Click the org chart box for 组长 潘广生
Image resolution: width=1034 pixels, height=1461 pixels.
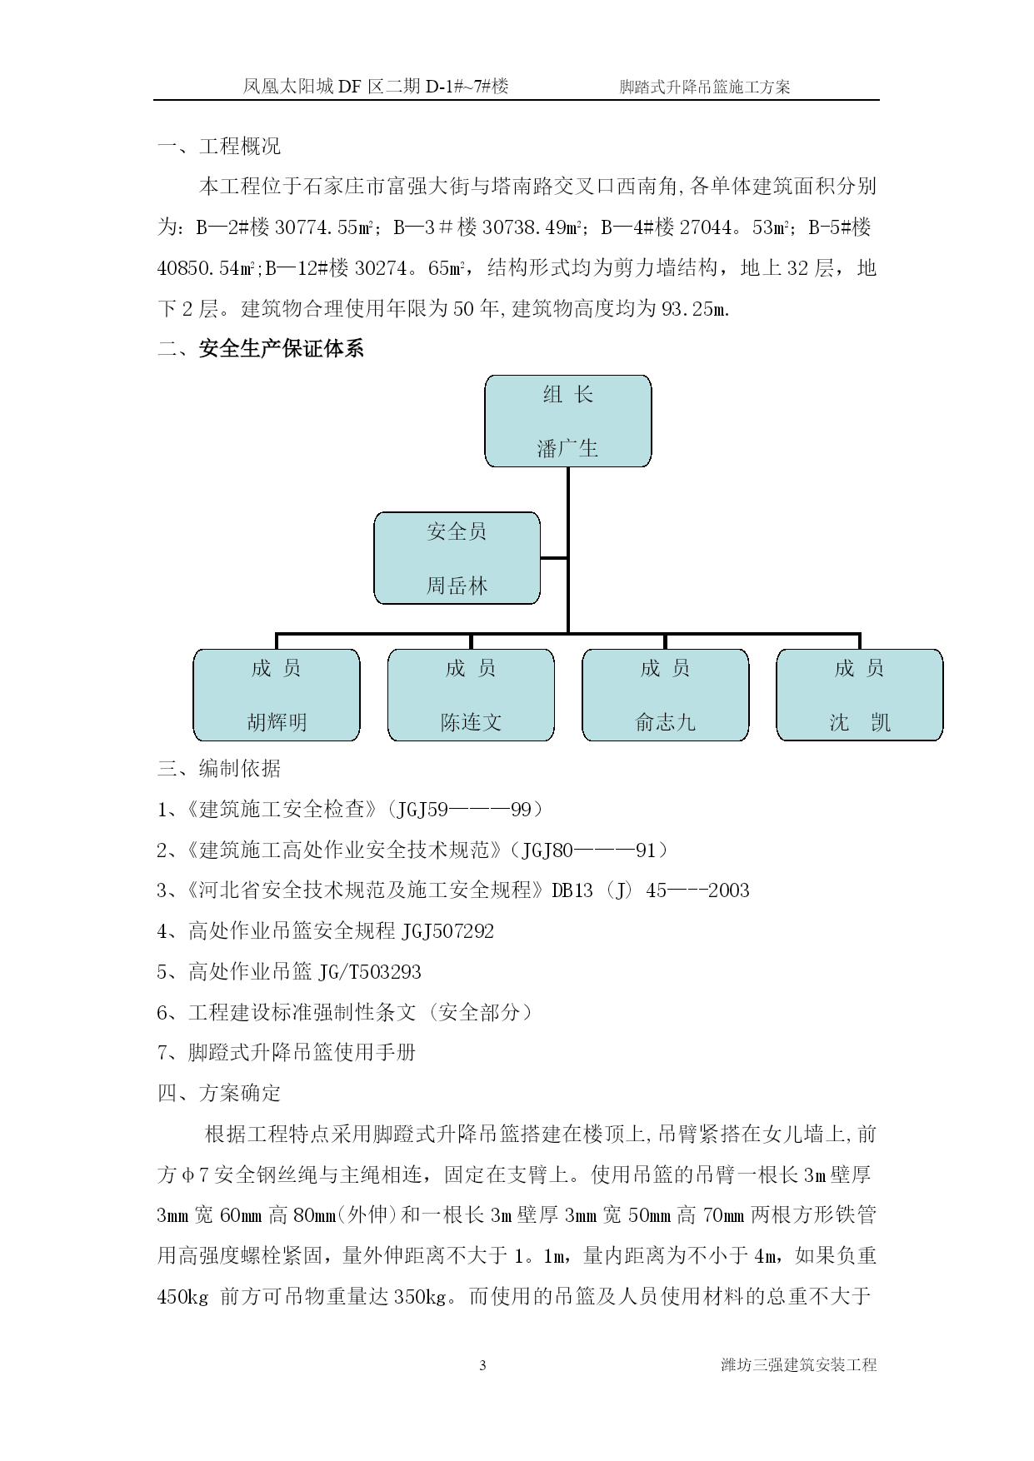(x=567, y=421)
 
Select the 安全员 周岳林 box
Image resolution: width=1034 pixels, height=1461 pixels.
(x=457, y=558)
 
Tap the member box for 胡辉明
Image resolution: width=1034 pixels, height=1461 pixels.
(x=277, y=695)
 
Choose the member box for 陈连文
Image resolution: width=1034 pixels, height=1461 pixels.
(x=471, y=695)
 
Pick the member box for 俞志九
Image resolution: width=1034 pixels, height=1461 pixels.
(x=665, y=695)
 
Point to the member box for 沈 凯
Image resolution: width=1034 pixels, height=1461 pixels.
(x=860, y=695)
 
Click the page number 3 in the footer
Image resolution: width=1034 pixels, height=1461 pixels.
(x=482, y=1365)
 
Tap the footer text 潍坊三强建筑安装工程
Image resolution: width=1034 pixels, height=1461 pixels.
(x=799, y=1365)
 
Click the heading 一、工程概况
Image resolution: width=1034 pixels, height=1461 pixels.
(x=219, y=147)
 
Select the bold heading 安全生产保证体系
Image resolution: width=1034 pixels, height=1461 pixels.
(x=282, y=349)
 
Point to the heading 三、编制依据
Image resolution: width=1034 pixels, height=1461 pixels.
(x=219, y=768)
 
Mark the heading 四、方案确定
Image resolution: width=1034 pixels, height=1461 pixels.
(x=219, y=1093)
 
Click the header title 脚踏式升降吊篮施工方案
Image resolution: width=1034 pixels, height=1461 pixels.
(x=705, y=86)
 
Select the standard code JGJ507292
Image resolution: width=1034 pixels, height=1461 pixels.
(x=447, y=931)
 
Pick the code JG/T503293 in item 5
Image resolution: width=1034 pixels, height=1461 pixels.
(x=369, y=972)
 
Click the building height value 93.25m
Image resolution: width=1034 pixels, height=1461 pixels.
(x=695, y=310)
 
